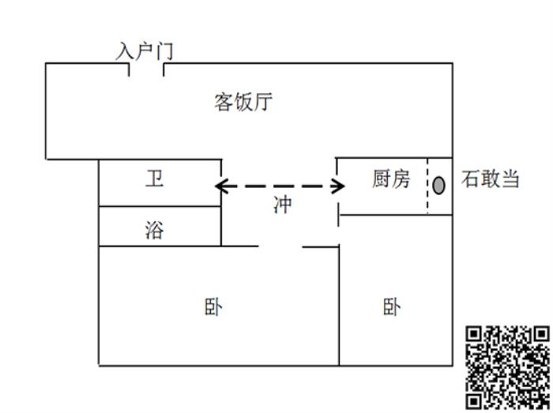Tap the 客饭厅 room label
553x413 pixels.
point(244,103)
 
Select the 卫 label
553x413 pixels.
point(155,178)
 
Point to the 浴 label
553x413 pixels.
point(155,230)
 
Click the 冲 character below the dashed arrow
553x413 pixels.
point(282,205)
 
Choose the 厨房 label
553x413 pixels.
point(391,178)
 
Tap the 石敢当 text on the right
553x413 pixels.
point(491,180)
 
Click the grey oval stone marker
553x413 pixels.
point(439,186)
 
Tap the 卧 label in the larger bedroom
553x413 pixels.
point(213,306)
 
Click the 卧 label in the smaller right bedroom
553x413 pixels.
point(391,306)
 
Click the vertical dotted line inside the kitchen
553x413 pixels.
point(427,186)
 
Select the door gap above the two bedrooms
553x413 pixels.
point(281,246)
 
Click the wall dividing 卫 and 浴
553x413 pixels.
point(159,207)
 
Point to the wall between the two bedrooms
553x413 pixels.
point(339,308)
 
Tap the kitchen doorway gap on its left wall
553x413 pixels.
point(337,195)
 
